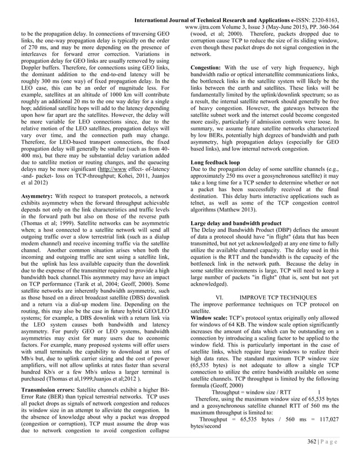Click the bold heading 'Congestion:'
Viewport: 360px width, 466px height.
[x=209, y=67]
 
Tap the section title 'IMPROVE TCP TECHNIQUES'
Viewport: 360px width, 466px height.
[x=274, y=297]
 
